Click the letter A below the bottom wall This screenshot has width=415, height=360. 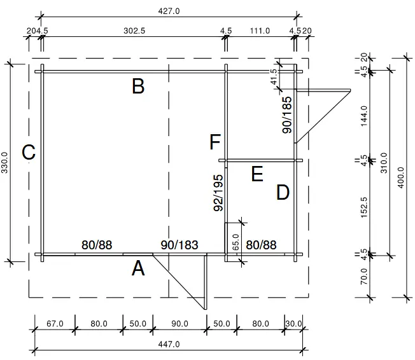tap(138, 269)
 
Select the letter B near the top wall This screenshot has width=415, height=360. tap(137, 87)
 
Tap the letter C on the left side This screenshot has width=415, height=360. tap(28, 153)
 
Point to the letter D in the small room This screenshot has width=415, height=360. tap(283, 193)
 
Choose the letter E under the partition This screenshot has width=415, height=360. tap(257, 174)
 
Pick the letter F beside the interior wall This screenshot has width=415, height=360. tap(215, 142)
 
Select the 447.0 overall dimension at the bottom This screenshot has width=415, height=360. tap(168, 344)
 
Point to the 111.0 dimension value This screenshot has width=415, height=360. tap(260, 31)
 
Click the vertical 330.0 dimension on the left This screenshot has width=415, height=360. tap(6, 162)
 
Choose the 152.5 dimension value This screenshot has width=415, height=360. tap(364, 207)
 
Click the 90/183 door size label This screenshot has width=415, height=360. tap(179, 245)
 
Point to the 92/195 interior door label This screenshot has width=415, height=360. tap(218, 192)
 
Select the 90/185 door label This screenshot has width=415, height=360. tap(287, 114)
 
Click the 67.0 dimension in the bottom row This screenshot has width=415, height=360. tap(55, 324)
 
